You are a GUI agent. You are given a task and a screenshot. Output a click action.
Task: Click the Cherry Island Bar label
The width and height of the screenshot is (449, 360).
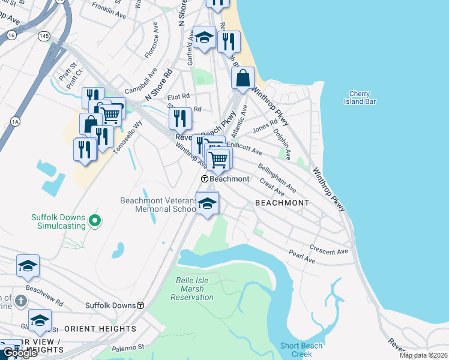363,97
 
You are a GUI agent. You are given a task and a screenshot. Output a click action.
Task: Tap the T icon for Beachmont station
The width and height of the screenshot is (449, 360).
204,179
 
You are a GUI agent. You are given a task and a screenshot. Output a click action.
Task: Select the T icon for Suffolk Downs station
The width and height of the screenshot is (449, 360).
140,305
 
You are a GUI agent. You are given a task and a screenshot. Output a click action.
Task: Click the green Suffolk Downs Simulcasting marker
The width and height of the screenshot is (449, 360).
94,221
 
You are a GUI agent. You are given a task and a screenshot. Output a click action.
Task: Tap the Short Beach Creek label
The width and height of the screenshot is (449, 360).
301,349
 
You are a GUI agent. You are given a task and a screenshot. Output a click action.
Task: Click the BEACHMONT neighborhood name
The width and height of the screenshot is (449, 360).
282,203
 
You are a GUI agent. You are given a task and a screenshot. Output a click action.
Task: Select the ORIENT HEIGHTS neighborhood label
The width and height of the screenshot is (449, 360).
100,329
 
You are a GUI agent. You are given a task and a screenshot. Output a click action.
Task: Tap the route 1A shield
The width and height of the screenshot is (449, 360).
15,122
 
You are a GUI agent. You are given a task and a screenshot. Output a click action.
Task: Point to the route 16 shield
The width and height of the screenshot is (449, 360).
11,35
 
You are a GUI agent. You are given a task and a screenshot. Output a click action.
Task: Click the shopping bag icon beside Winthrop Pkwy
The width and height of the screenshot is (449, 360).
243,78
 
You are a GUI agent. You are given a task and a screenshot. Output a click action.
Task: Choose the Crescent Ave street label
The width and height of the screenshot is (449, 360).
329,248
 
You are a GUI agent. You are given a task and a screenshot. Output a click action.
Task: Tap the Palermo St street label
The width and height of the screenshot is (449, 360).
128,347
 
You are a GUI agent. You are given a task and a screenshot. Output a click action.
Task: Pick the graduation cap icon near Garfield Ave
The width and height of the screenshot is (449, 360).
204,37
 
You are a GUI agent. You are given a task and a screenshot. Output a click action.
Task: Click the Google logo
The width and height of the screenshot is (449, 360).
20,353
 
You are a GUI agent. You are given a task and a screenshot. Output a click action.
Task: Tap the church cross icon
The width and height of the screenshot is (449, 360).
19,299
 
